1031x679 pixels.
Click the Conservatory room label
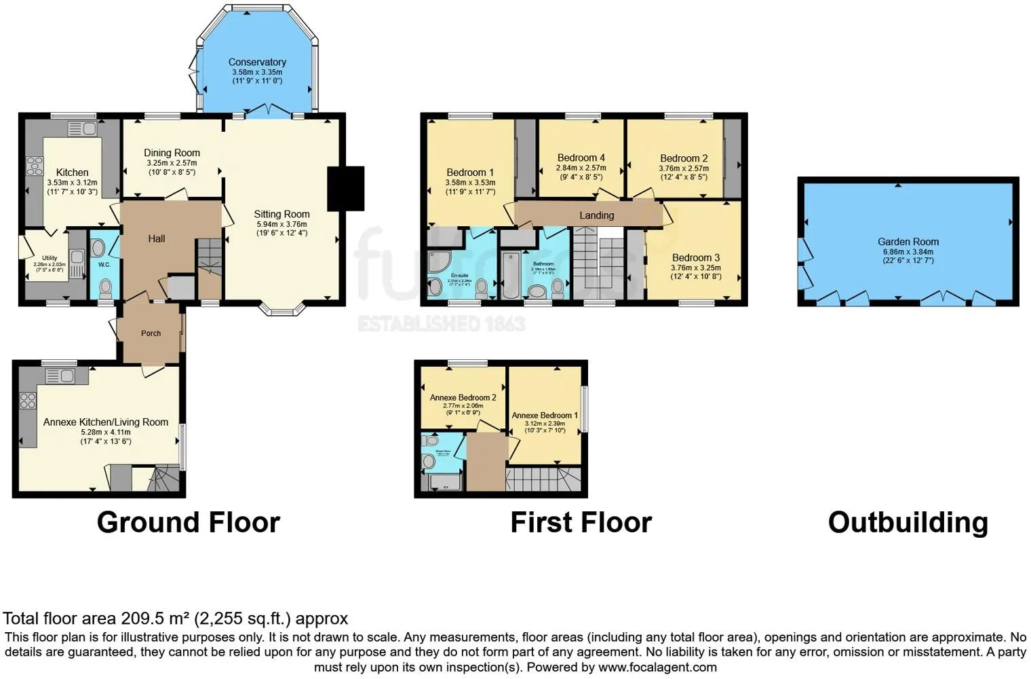[257, 62]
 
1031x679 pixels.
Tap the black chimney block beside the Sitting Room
[346, 188]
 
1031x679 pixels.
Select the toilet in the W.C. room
[105, 289]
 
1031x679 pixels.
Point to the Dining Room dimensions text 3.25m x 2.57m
[172, 163]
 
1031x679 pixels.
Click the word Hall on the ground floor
[157, 238]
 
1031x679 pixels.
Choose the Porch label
[151, 333]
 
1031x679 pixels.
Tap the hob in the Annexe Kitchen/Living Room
[28, 401]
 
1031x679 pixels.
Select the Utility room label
[50, 258]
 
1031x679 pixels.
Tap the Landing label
[597, 215]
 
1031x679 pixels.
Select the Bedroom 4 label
[581, 158]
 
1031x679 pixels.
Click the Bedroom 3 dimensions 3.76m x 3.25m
[696, 268]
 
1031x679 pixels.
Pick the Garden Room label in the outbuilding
[908, 242]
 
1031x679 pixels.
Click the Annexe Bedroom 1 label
[545, 415]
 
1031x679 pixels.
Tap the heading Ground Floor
[189, 522]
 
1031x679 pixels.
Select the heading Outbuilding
[908, 522]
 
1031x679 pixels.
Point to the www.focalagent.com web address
[657, 667]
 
